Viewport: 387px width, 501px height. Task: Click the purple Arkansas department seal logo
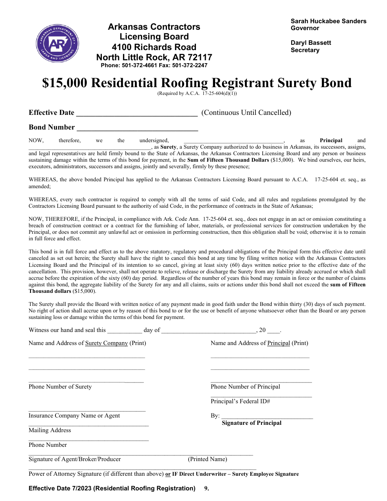(57, 43)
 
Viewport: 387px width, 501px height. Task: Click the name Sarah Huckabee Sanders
(328, 21)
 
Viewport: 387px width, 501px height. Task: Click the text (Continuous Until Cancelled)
(246, 113)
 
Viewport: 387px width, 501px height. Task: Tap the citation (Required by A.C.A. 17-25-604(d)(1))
(197, 93)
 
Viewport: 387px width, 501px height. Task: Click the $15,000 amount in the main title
(64, 83)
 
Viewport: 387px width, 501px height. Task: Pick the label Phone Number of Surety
(60, 387)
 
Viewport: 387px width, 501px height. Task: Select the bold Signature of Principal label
(251, 423)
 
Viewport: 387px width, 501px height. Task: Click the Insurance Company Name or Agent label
(74, 415)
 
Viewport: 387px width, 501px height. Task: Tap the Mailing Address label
(50, 430)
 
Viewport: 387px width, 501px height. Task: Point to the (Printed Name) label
(207, 459)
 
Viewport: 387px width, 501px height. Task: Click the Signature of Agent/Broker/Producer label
(75, 459)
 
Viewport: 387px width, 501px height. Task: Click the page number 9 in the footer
(206, 488)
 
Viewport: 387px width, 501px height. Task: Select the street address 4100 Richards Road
(154, 47)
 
